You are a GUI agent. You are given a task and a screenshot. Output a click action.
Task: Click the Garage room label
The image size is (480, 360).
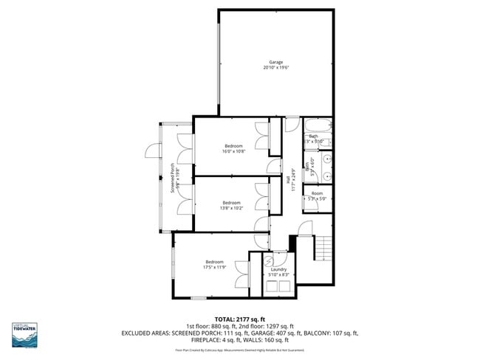click(275, 62)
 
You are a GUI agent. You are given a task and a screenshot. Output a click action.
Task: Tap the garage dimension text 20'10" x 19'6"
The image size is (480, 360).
click(275, 68)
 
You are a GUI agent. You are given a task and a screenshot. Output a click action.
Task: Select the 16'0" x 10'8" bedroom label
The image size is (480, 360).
click(233, 146)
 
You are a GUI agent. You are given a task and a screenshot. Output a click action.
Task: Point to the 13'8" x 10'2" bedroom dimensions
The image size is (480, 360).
click(232, 208)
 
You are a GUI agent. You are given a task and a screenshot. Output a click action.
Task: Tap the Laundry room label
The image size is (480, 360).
click(278, 269)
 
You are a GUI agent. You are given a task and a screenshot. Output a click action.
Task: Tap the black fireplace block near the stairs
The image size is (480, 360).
click(292, 243)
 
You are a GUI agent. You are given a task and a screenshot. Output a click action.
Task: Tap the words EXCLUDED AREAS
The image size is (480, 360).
click(148, 333)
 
